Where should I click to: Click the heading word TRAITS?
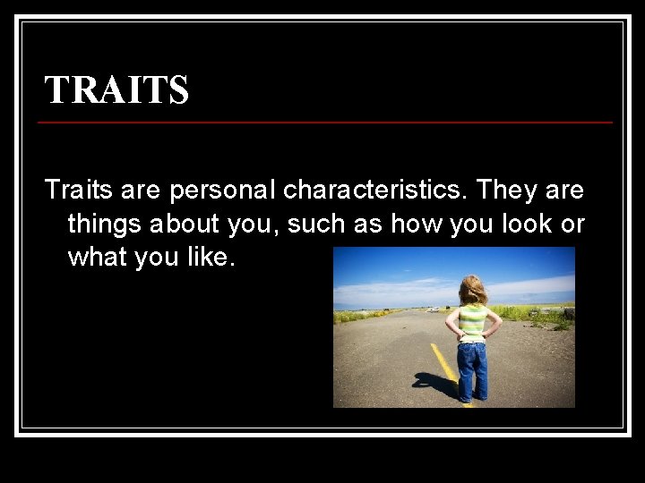[x=116, y=89]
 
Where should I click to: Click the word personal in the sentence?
[x=226, y=191]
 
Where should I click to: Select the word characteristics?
[x=376, y=191]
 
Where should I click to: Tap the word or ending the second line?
[x=573, y=225]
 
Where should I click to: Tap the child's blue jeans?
[x=472, y=369]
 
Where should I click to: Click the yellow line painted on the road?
[x=444, y=362]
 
